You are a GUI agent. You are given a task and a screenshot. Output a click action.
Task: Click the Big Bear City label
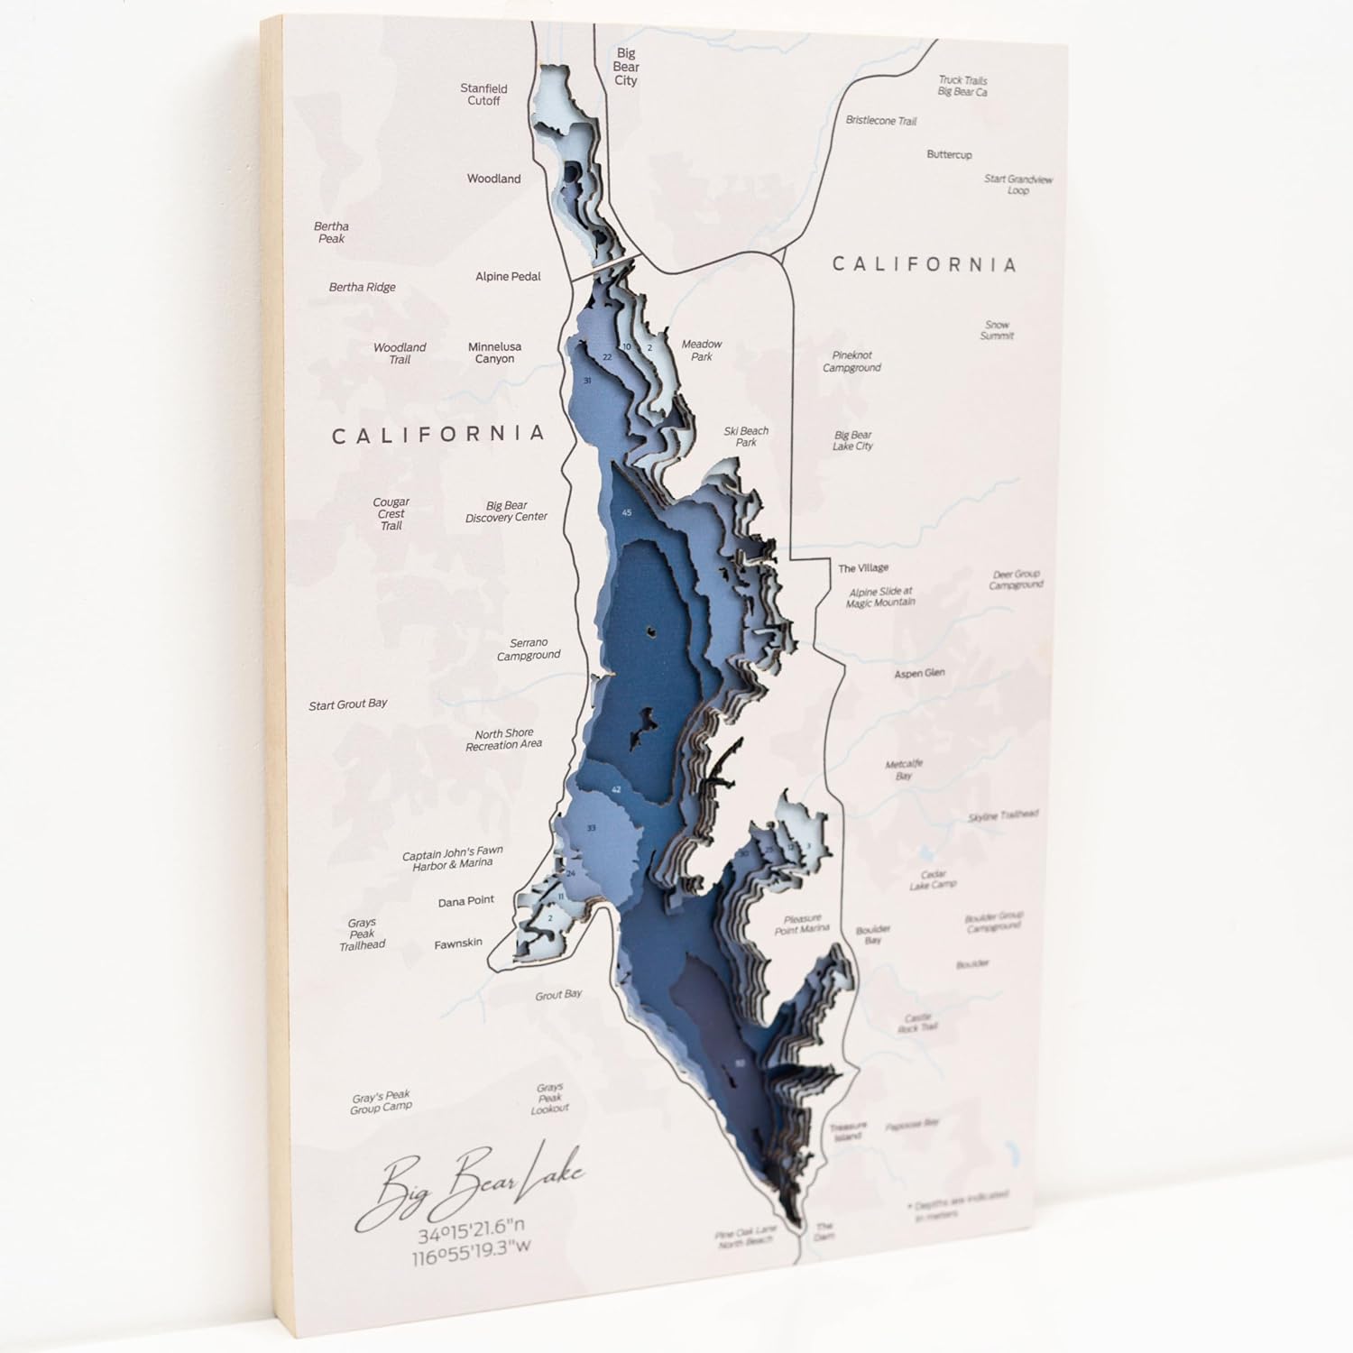[625, 68]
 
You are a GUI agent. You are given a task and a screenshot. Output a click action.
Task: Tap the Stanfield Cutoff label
[483, 95]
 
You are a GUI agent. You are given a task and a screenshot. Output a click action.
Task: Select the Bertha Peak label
[331, 233]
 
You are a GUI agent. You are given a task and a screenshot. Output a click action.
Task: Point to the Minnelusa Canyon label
[494, 353]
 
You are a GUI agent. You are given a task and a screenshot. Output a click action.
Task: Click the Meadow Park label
[702, 350]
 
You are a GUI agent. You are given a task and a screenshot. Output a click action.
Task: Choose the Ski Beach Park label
[746, 437]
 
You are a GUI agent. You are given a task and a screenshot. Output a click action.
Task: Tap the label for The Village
[863, 568]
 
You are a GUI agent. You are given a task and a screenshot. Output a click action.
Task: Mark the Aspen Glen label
[919, 674]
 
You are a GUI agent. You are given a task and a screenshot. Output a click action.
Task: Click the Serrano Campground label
[529, 649]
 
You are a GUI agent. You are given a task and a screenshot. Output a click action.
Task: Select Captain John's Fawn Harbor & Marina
[453, 858]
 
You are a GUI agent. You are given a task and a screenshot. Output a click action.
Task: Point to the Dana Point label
[466, 901]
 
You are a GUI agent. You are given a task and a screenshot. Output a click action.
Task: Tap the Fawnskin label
[458, 943]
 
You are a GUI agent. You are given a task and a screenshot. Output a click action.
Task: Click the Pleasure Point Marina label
[802, 925]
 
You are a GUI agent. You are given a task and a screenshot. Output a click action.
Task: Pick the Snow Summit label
[997, 330]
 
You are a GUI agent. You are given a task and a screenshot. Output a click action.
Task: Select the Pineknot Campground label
[851, 362]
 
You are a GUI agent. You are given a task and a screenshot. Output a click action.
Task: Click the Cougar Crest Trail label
[391, 514]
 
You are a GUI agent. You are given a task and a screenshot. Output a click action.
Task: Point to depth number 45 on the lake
[627, 512]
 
